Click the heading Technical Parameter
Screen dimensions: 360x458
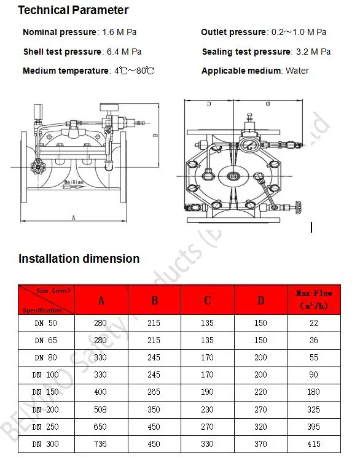[x=73, y=10]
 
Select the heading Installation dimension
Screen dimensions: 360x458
[x=79, y=258]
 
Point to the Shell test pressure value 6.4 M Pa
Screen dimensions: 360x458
[x=128, y=52]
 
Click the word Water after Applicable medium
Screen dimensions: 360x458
[x=297, y=71]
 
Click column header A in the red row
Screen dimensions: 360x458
[x=101, y=300]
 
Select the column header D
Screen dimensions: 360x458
[x=261, y=300]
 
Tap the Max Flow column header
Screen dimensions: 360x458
[x=314, y=300]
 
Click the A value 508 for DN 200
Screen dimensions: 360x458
[x=101, y=409]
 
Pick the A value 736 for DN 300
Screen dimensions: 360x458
[x=101, y=444]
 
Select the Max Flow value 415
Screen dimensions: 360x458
[x=314, y=444]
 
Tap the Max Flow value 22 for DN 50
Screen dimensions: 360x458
[x=314, y=322]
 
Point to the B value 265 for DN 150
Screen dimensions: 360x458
[x=154, y=392]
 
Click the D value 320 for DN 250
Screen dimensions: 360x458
[x=261, y=427]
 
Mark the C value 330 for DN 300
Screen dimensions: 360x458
[x=208, y=444]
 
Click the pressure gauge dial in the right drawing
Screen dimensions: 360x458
[x=250, y=146]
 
